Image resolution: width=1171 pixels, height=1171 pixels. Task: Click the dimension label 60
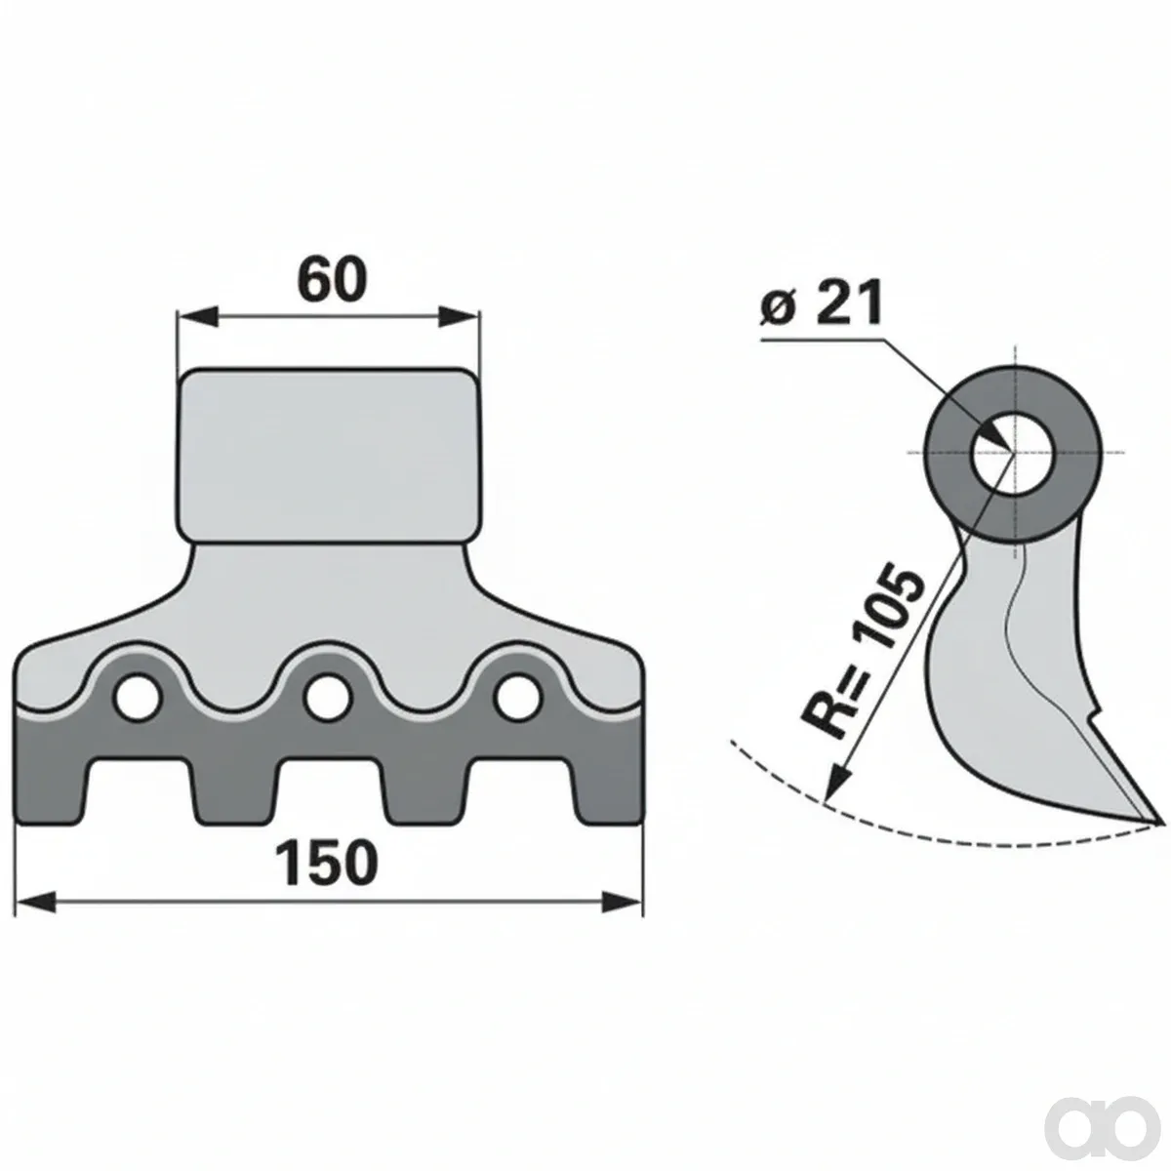(332, 280)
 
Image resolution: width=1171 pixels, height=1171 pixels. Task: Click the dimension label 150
(326, 863)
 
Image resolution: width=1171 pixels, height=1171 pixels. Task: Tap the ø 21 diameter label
(821, 304)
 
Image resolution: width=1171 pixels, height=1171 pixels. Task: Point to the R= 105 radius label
(863, 649)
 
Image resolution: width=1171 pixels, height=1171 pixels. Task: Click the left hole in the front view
(139, 697)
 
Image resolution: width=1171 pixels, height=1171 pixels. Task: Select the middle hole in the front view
(328, 697)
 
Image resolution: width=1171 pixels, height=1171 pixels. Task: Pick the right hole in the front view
(518, 697)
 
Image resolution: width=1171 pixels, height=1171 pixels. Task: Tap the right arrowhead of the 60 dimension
(459, 316)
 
